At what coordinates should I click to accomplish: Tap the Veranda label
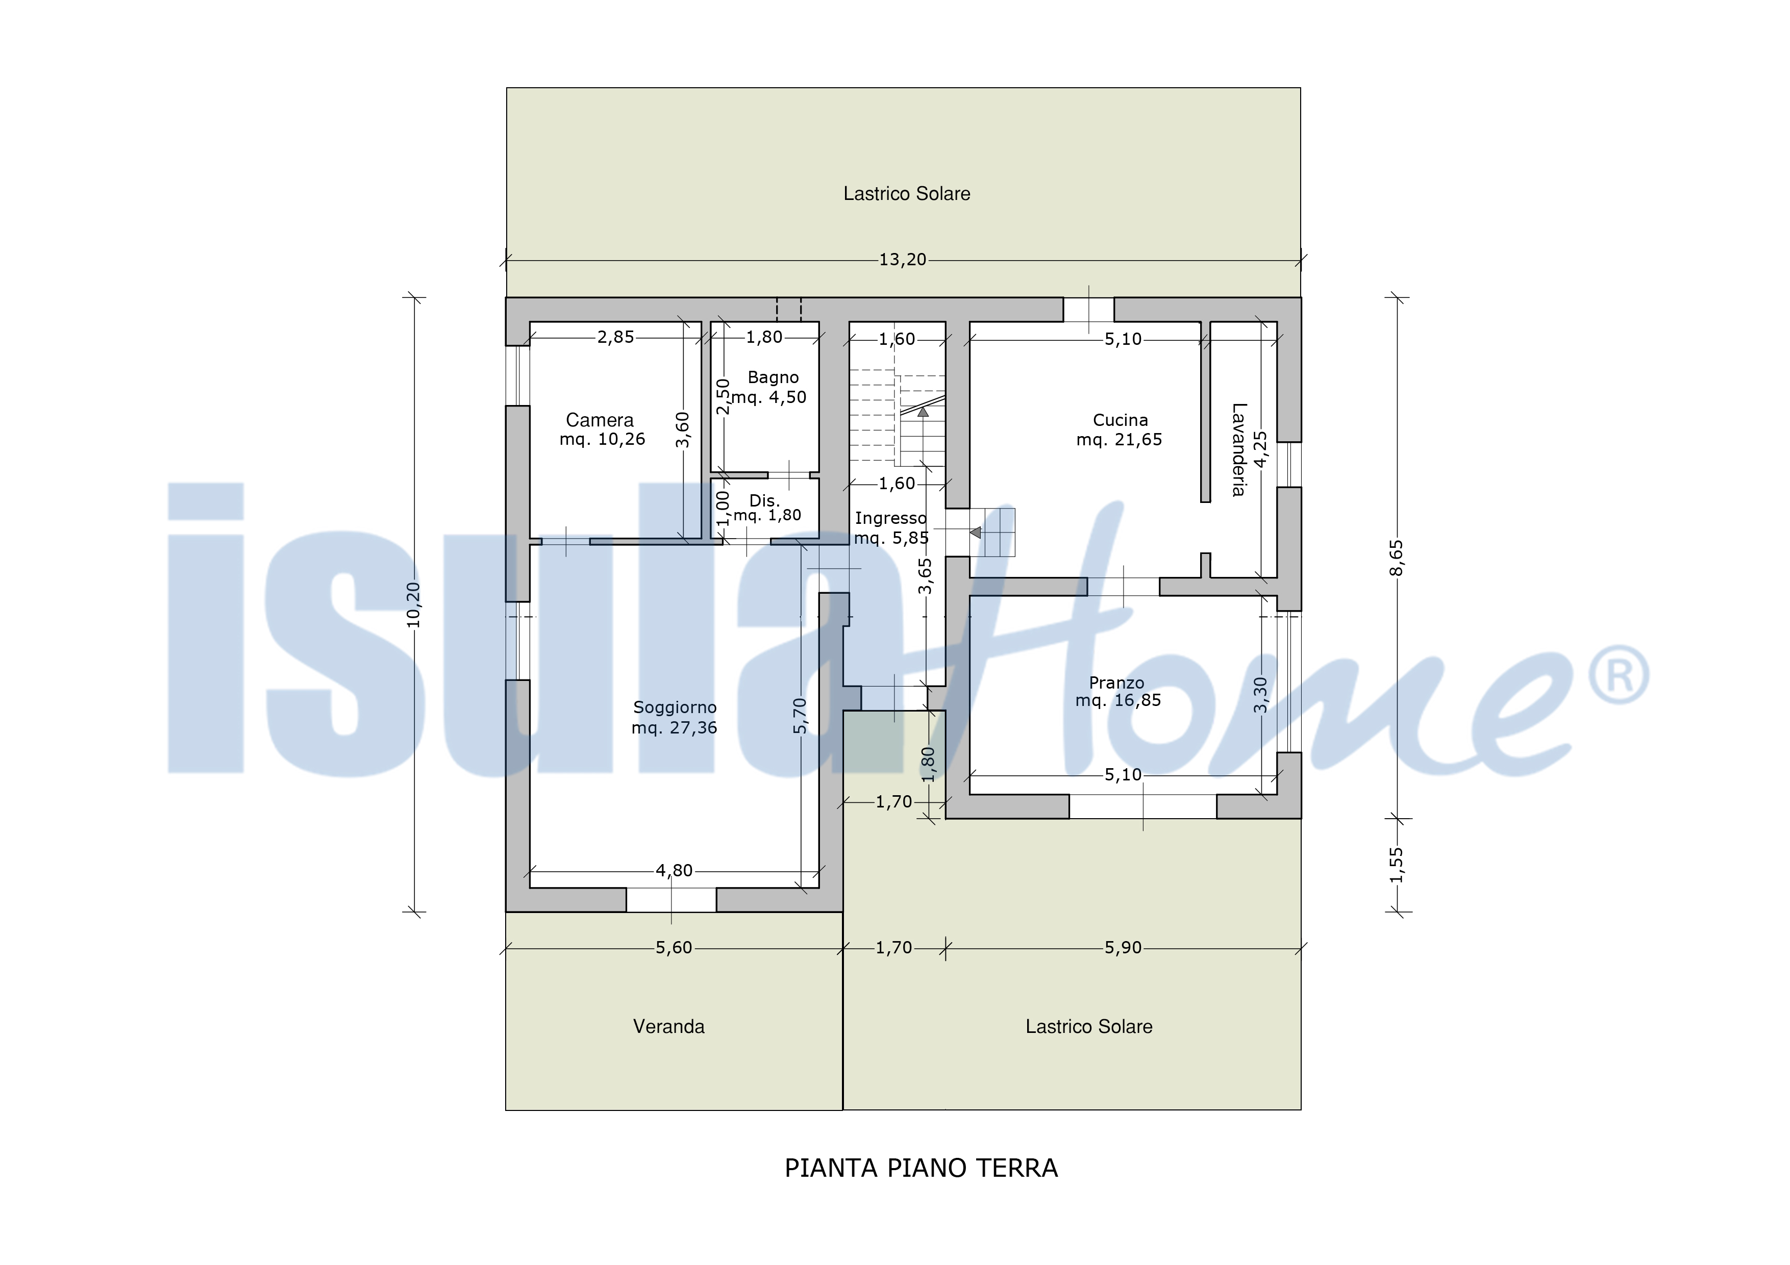coord(669,1026)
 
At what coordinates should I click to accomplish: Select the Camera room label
coord(602,429)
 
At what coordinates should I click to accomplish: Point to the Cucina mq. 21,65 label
coord(1120,429)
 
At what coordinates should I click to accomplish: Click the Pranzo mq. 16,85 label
coord(1118,691)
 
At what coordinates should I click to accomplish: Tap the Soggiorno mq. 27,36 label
coord(675,717)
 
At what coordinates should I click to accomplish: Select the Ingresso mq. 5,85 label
coord(891,527)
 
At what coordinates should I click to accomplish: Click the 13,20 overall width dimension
coord(903,260)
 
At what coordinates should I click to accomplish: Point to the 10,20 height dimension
coord(413,605)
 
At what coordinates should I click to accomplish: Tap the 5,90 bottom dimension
coord(1123,948)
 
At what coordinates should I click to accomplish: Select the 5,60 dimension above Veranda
coord(674,948)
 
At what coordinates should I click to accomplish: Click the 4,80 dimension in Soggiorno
coord(674,871)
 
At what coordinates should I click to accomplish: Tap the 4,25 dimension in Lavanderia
coord(1260,450)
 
